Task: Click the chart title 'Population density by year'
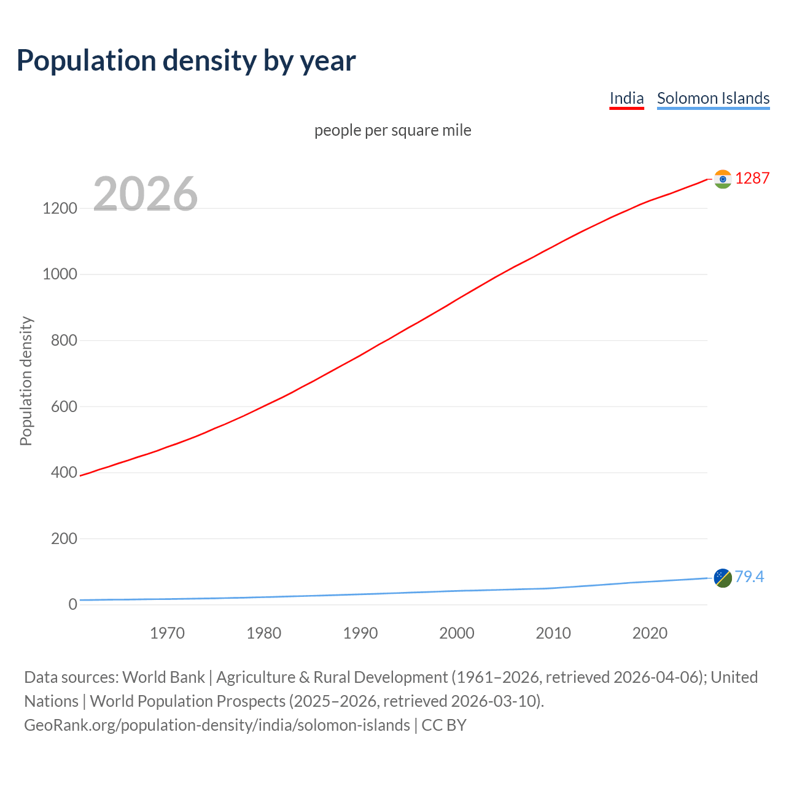click(186, 61)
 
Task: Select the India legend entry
click(626, 98)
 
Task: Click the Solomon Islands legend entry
click(713, 98)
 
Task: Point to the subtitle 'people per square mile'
click(392, 131)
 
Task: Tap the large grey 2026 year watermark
click(146, 194)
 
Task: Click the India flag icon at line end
click(723, 179)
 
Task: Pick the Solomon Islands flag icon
click(723, 577)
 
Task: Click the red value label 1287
click(752, 179)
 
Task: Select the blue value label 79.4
click(749, 577)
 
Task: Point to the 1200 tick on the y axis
click(60, 209)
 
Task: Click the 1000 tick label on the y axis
click(60, 274)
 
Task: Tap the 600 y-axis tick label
click(64, 407)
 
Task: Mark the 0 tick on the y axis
click(73, 604)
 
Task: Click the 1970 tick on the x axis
click(167, 633)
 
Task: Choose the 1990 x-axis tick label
click(360, 633)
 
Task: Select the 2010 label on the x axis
click(553, 633)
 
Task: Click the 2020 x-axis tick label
click(650, 633)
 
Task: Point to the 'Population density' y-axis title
click(26, 381)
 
